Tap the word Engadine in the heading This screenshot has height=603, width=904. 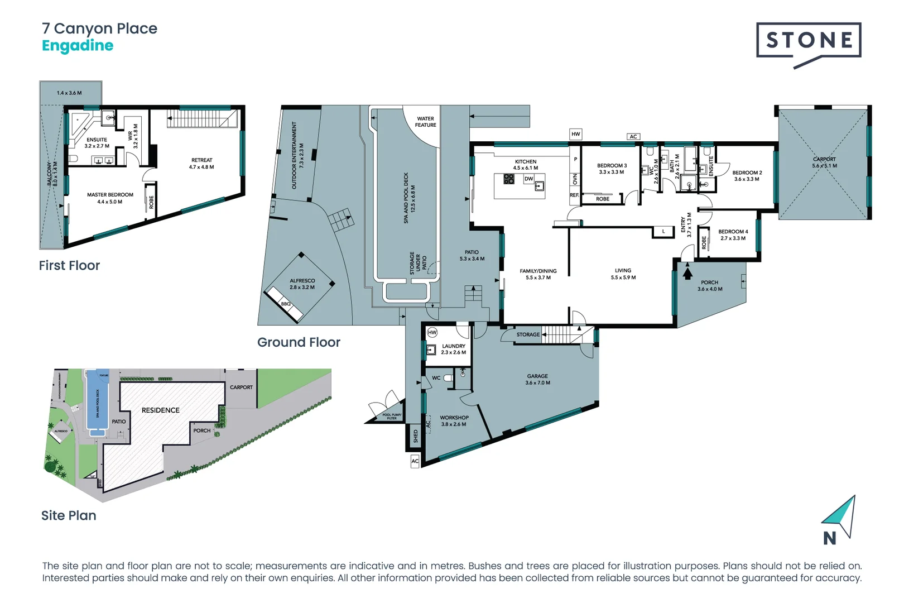[78, 46]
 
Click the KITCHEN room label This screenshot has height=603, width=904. [526, 161]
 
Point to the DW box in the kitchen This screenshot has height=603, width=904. [528, 179]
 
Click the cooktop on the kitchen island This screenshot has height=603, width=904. [509, 179]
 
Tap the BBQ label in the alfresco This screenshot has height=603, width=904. [286, 304]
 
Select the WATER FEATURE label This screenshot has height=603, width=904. [425, 122]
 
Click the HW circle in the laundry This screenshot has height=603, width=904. [432, 332]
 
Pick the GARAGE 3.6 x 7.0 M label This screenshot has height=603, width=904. [537, 380]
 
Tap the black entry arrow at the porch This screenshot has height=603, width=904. [687, 273]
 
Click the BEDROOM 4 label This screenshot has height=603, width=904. [733, 232]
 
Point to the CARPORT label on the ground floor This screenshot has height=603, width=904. [824, 159]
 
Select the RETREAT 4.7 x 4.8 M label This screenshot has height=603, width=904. [201, 163]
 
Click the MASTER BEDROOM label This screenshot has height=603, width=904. [110, 195]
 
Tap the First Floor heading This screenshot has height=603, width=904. [69, 266]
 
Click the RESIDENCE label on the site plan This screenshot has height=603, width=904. [160, 410]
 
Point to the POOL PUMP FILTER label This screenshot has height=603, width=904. [392, 416]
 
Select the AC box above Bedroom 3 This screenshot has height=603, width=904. [633, 137]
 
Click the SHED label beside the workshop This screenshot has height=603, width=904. [415, 437]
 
